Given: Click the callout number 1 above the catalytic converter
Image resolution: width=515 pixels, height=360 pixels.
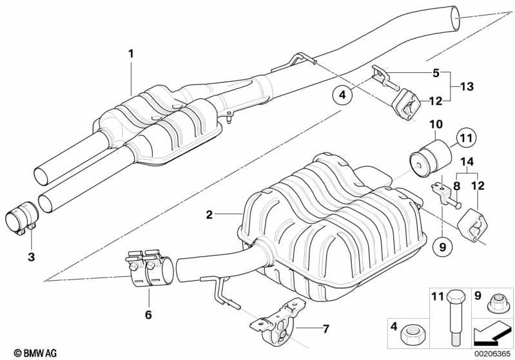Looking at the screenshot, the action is (x=131, y=53).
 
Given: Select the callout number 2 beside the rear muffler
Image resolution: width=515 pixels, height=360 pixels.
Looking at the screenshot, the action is (x=209, y=214).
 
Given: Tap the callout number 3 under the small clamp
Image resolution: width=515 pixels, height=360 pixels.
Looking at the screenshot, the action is (x=31, y=256).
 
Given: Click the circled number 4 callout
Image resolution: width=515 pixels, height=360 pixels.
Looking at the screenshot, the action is (x=342, y=95).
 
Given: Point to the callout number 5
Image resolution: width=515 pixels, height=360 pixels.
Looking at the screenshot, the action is (x=436, y=73).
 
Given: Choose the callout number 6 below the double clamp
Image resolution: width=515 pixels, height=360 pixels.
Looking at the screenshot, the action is (x=148, y=315).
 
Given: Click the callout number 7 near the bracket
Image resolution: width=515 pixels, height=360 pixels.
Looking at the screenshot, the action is (x=326, y=328).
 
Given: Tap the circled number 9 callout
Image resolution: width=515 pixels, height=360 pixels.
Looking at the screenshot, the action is (x=442, y=247).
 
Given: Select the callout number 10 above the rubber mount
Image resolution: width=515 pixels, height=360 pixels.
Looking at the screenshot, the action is (x=436, y=124).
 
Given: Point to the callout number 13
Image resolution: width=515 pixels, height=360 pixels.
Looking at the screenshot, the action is (x=467, y=87).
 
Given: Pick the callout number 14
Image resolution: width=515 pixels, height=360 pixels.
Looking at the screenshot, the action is (x=467, y=162).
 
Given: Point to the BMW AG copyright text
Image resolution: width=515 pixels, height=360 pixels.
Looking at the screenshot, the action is (x=35, y=353).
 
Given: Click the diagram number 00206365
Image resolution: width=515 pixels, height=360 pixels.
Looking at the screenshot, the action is (x=492, y=354).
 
